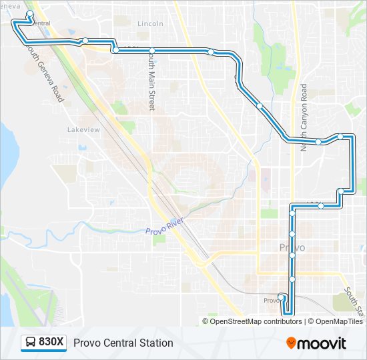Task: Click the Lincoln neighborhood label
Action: click(x=150, y=23)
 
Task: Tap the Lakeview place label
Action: click(x=83, y=129)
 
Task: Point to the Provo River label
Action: click(x=165, y=226)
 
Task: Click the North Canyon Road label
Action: click(x=304, y=117)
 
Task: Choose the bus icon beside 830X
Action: click(x=31, y=343)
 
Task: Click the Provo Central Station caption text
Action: click(x=123, y=343)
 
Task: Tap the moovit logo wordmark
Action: click(x=323, y=343)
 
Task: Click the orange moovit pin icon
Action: click(x=292, y=343)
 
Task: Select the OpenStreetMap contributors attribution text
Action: click(x=256, y=321)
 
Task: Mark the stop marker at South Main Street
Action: click(x=152, y=51)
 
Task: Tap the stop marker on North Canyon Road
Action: click(x=319, y=141)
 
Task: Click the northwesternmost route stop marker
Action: click(x=30, y=14)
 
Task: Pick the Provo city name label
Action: click(x=292, y=247)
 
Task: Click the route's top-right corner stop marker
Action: click(x=341, y=137)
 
